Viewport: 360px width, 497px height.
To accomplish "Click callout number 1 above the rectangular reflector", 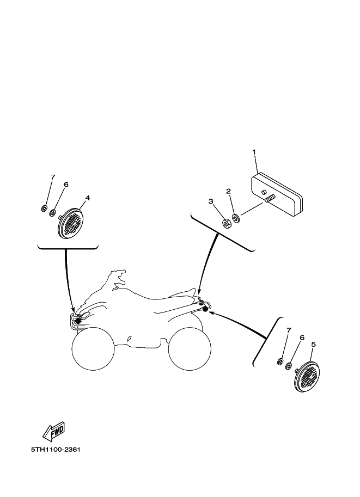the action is [254, 152].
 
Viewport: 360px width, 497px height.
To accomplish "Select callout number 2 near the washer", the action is [228, 191].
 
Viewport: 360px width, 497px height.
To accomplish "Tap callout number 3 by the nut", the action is [211, 201].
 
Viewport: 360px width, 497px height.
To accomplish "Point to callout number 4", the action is [88, 198].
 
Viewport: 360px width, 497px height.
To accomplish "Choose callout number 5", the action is [313, 344].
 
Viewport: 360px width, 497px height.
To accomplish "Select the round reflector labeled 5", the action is [307, 377].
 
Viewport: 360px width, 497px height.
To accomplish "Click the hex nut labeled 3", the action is [227, 224].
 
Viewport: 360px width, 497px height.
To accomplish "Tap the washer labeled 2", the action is [236, 218].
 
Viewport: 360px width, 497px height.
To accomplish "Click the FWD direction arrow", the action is [54, 431].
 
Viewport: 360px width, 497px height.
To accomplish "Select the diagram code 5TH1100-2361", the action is [56, 450].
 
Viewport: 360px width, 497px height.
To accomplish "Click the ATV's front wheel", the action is [93, 348].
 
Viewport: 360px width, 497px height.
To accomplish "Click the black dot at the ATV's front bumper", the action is [78, 321].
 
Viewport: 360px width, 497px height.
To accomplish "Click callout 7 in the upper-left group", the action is [53, 177].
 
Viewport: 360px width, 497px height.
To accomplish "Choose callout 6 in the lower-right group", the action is [302, 338].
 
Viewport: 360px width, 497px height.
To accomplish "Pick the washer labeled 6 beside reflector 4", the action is [52, 212].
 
